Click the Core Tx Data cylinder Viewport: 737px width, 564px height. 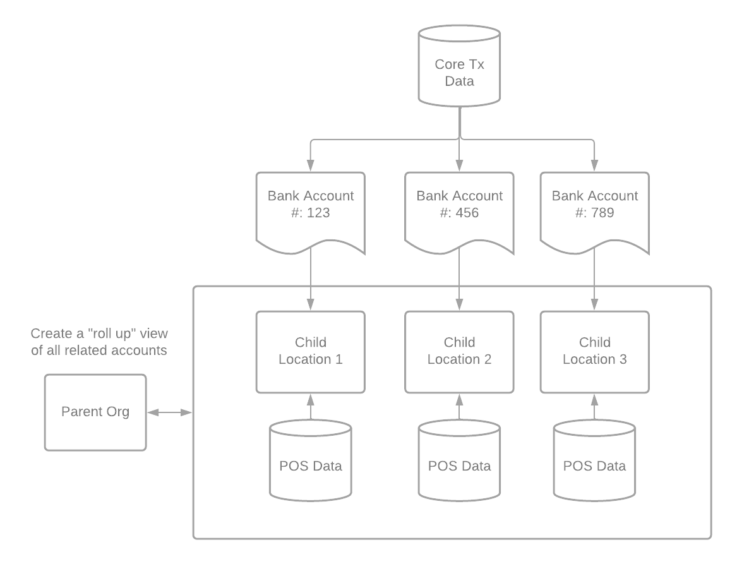coord(459,66)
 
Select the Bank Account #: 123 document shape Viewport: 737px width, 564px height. coord(311,212)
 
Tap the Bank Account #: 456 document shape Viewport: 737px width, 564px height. coord(459,212)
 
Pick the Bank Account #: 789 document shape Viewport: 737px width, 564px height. coord(594,212)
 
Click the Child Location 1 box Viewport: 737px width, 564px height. coord(311,352)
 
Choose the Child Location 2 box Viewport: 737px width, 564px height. coord(459,352)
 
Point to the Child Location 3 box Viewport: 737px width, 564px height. coord(594,352)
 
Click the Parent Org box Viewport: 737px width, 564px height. coord(95,412)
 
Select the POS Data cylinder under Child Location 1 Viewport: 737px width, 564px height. coord(311,460)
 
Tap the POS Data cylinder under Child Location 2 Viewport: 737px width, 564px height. coord(459,460)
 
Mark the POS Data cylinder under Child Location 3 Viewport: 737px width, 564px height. coord(594,460)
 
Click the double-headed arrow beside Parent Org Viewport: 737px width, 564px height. coord(170,412)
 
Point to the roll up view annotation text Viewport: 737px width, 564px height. coord(99,342)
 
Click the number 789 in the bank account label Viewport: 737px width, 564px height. coord(602,212)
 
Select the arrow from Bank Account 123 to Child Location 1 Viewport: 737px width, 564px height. coord(311,279)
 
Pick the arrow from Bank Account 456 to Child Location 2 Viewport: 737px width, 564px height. coord(459,279)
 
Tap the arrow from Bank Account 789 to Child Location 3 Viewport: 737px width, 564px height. coord(594,279)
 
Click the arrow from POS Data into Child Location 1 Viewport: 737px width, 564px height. coord(311,407)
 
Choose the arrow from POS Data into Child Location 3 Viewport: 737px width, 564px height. coord(594,407)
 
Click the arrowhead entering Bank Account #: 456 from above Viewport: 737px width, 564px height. coord(459,165)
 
